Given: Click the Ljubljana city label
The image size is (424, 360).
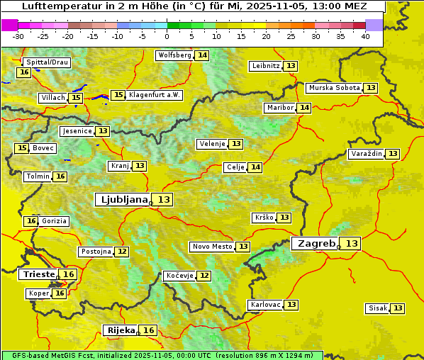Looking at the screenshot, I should coord(123,200).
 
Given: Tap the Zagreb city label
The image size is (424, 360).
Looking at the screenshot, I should coord(316,243).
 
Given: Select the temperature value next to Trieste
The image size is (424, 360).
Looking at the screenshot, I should coord(68,274).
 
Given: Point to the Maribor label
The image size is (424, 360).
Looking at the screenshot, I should coord(279,108).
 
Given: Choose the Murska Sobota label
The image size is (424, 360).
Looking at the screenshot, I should coord(334,88).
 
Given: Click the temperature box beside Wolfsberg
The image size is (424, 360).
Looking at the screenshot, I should coord(203,55).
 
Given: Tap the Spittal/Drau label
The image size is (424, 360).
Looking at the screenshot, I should coord(47,62).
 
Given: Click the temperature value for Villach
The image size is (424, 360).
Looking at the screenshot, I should coord(76,98).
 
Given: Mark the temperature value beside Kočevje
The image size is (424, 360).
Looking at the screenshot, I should coord(203,276).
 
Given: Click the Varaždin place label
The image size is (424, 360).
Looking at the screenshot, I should coord(367,154).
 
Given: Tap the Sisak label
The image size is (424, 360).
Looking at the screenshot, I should coord(378,308).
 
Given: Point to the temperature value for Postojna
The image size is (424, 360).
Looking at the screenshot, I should coord(122,252).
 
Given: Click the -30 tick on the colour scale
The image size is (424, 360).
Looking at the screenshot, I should coord(18,36).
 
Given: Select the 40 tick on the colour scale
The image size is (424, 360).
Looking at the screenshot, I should coord(365,36).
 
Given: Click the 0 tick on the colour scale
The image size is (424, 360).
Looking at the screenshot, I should coord(167,36).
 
